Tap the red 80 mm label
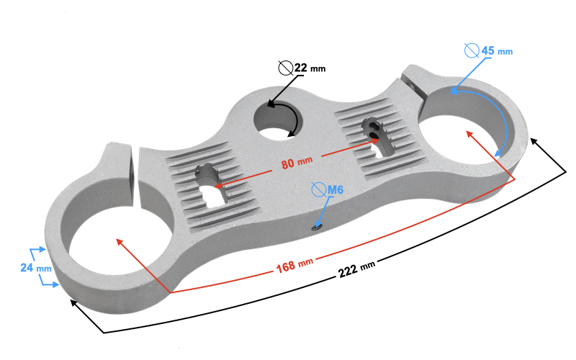point(297,163)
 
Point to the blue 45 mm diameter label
point(497,50)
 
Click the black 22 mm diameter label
point(310,68)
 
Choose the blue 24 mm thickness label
point(35,267)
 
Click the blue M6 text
point(335,189)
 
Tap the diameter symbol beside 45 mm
point(472,50)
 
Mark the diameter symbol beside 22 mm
point(285,68)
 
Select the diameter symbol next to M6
point(318,189)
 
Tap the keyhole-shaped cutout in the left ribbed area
point(210,188)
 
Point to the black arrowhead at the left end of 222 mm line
point(75,303)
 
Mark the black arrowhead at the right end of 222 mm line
point(534,142)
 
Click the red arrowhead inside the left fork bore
point(120,243)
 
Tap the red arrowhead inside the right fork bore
point(470,135)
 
